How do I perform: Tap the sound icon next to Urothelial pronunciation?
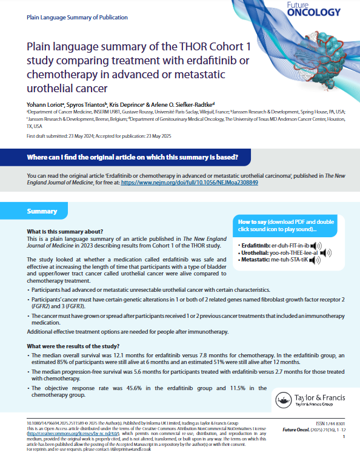324,252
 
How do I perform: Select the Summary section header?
42,211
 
